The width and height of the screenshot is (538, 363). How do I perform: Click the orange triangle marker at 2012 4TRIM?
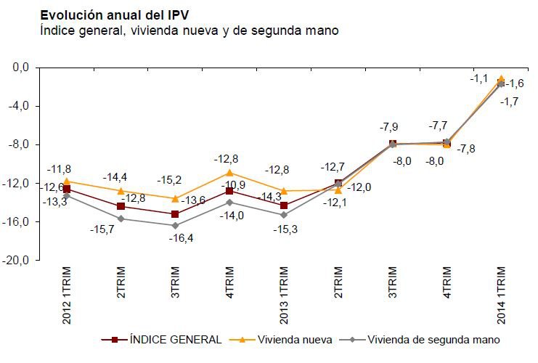click(229, 173)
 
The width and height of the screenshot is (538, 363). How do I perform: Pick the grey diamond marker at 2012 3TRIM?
click(176, 225)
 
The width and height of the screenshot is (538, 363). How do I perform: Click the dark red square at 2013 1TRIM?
click(284, 205)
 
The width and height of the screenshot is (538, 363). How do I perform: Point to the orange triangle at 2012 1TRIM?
click(67, 181)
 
